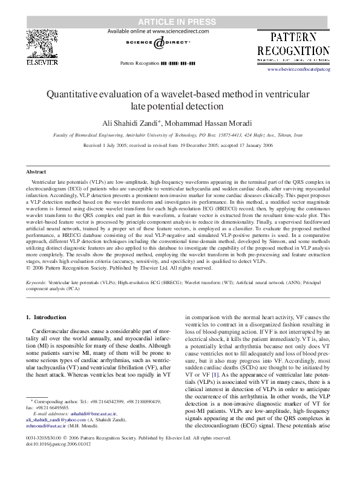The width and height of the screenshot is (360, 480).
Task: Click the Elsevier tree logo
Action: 42,43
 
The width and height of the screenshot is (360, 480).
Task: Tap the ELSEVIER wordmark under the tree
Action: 42,62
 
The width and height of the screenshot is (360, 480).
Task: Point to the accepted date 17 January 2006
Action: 252,146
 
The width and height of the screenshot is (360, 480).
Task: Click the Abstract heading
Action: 36,172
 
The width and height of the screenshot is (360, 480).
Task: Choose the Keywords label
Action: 37,282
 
